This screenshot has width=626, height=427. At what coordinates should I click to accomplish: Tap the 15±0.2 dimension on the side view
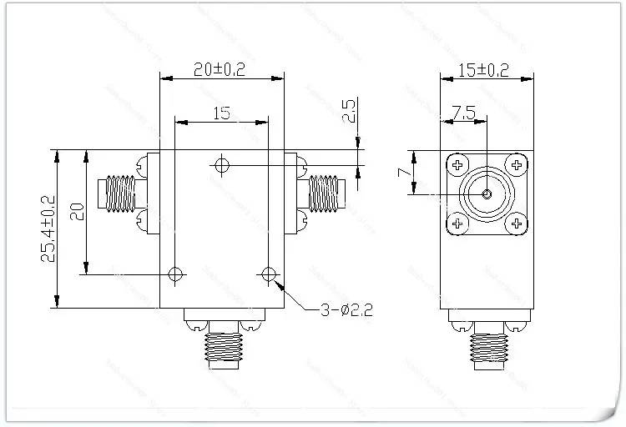[x=484, y=71]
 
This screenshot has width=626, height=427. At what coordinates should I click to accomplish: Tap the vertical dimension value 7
[x=402, y=172]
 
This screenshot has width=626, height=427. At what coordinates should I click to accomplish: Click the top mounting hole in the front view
[x=220, y=165]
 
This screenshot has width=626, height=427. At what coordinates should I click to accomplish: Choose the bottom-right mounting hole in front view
[x=268, y=274]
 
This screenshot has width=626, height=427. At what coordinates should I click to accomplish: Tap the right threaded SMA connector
[x=327, y=193]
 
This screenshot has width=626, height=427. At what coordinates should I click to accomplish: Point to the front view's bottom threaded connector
[x=221, y=346]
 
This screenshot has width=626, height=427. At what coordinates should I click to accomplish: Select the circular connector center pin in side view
[x=487, y=194]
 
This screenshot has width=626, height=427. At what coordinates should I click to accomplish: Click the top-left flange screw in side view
[x=457, y=165]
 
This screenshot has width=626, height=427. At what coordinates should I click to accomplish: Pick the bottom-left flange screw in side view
[x=457, y=224]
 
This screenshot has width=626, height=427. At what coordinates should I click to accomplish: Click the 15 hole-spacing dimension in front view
[x=222, y=113]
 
